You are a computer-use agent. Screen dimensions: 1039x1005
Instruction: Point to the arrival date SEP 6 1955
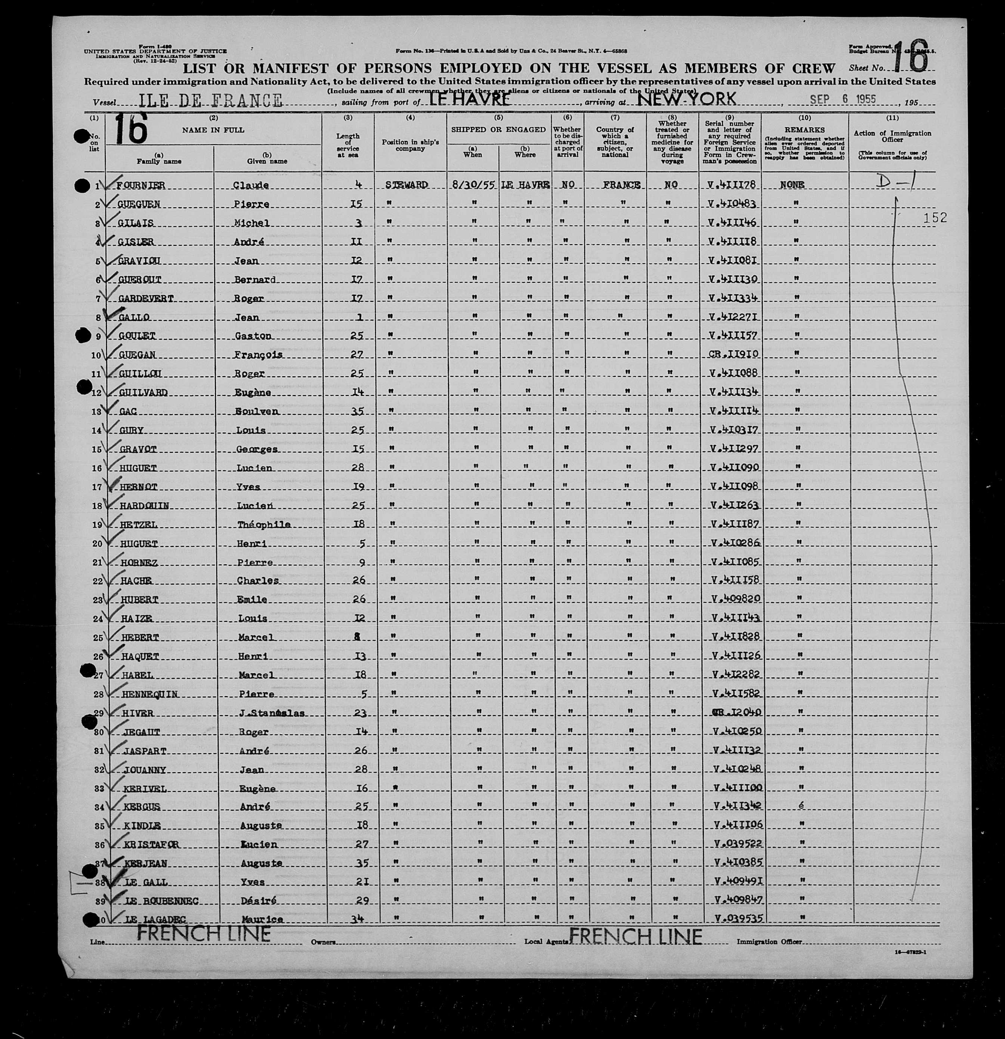pyautogui.click(x=843, y=99)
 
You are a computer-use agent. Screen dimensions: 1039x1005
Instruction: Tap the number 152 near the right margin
pyautogui.click(x=934, y=218)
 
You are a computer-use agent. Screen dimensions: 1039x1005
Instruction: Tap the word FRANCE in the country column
pyautogui.click(x=621, y=185)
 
